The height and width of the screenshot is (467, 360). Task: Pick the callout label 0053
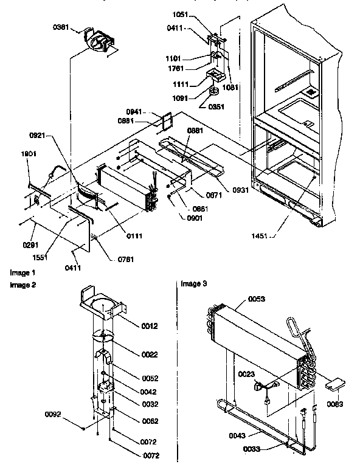[x=257, y=299]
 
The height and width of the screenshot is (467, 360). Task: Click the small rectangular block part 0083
[x=335, y=385]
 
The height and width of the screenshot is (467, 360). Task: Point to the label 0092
[x=53, y=415]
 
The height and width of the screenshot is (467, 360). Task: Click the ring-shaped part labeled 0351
[x=214, y=92]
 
